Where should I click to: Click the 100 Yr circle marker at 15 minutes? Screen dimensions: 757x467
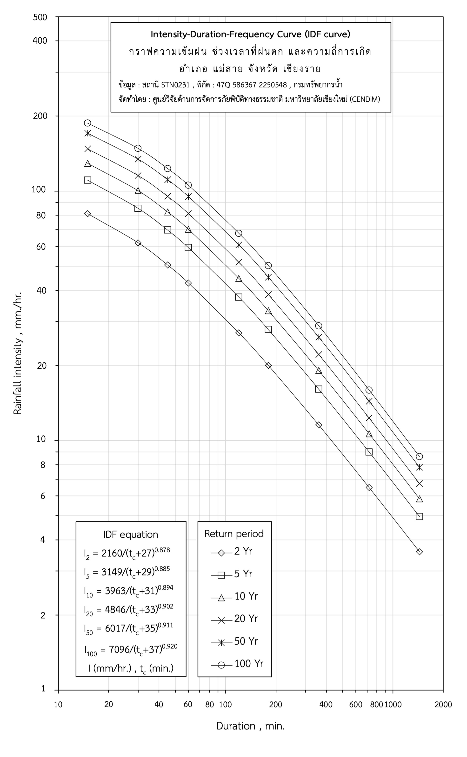point(88,123)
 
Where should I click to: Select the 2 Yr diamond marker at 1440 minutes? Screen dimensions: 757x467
point(419,552)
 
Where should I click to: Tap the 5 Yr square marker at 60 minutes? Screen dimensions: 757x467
point(188,248)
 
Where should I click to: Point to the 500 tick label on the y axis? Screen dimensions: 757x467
point(40,17)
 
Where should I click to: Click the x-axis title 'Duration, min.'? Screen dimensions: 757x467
point(250,726)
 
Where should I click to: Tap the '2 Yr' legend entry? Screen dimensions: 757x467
point(243,551)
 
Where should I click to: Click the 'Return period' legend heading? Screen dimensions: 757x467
point(234,534)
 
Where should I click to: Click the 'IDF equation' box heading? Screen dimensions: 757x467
point(131,535)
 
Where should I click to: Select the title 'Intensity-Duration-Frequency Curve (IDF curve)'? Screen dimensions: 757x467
point(250,34)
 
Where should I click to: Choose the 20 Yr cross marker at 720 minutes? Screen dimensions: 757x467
point(369,418)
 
